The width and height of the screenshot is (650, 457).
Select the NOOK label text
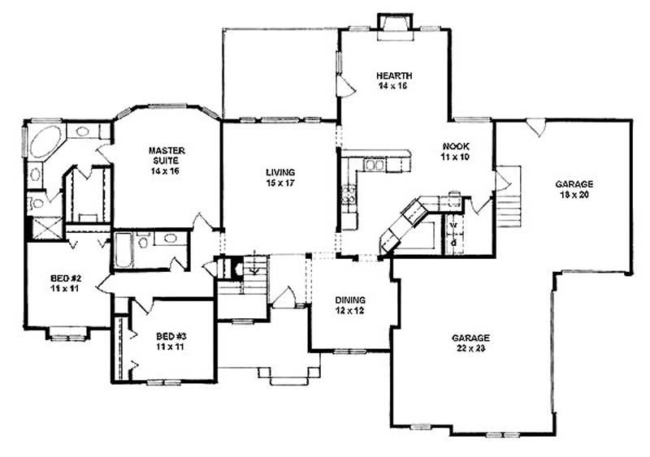pyautogui.click(x=456, y=147)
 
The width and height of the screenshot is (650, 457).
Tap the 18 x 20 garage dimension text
pyautogui.click(x=574, y=195)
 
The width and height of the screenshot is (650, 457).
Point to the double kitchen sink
pyautogui.click(x=375, y=166)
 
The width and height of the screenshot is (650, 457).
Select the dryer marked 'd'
pyautogui.click(x=453, y=242)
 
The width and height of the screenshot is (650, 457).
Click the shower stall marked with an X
pyautogui.click(x=45, y=227)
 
